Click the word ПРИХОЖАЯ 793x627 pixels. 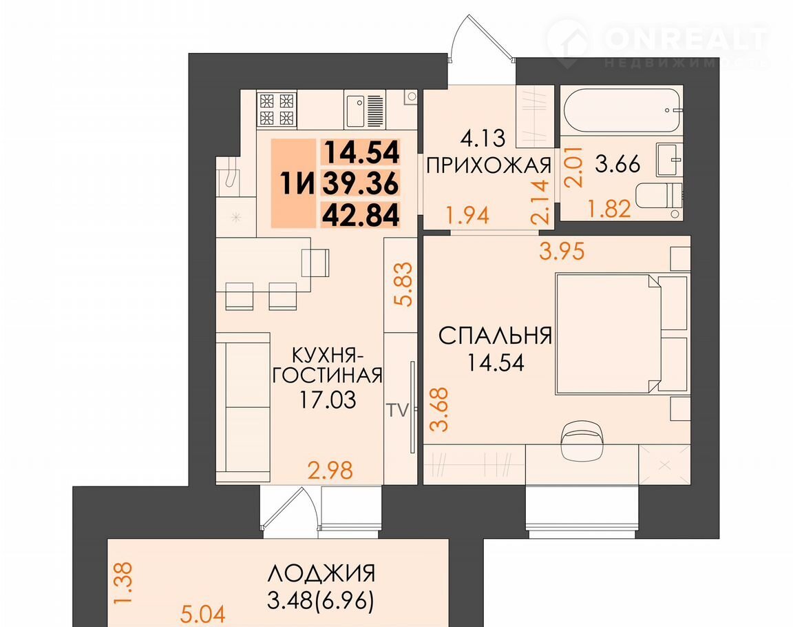(489, 165)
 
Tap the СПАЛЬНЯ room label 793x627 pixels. (495, 336)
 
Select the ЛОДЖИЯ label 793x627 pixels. (321, 574)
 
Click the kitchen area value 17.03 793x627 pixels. (328, 400)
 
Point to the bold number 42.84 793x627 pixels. (361, 214)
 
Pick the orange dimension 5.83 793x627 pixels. (405, 285)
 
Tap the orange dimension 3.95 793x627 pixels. (562, 251)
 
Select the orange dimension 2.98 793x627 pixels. (330, 470)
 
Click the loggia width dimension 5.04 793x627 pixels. (203, 614)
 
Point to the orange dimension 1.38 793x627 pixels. (123, 583)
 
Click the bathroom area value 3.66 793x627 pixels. (617, 164)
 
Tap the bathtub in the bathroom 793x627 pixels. (622, 110)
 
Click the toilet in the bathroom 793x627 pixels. (658, 196)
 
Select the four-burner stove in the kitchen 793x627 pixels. (277, 110)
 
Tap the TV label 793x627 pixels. (397, 411)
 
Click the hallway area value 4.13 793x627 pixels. (483, 138)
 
